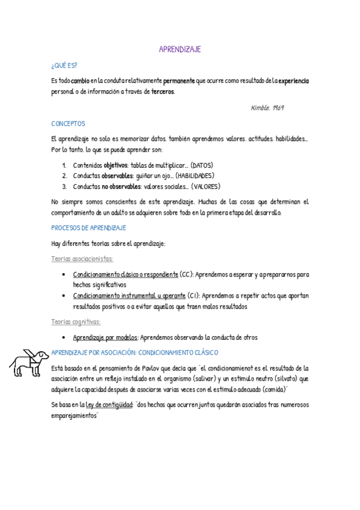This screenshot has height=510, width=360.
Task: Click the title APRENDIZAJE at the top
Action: [x=180, y=49]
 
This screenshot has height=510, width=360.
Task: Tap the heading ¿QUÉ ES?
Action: [x=64, y=65]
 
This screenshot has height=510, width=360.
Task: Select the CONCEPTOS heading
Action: [x=69, y=123]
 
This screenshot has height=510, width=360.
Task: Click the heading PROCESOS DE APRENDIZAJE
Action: [x=88, y=228]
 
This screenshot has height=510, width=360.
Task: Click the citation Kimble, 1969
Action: [x=267, y=108]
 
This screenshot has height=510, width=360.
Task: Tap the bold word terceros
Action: [x=162, y=91]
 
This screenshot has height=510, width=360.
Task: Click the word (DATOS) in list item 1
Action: [x=202, y=165]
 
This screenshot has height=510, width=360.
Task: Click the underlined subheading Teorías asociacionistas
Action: [x=82, y=259]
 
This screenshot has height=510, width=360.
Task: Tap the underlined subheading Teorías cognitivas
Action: [x=76, y=322]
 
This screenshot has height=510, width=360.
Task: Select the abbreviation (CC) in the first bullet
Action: [x=187, y=274]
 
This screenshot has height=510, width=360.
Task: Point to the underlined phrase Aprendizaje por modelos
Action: [x=106, y=337]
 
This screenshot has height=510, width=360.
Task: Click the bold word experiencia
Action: [x=293, y=81]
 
